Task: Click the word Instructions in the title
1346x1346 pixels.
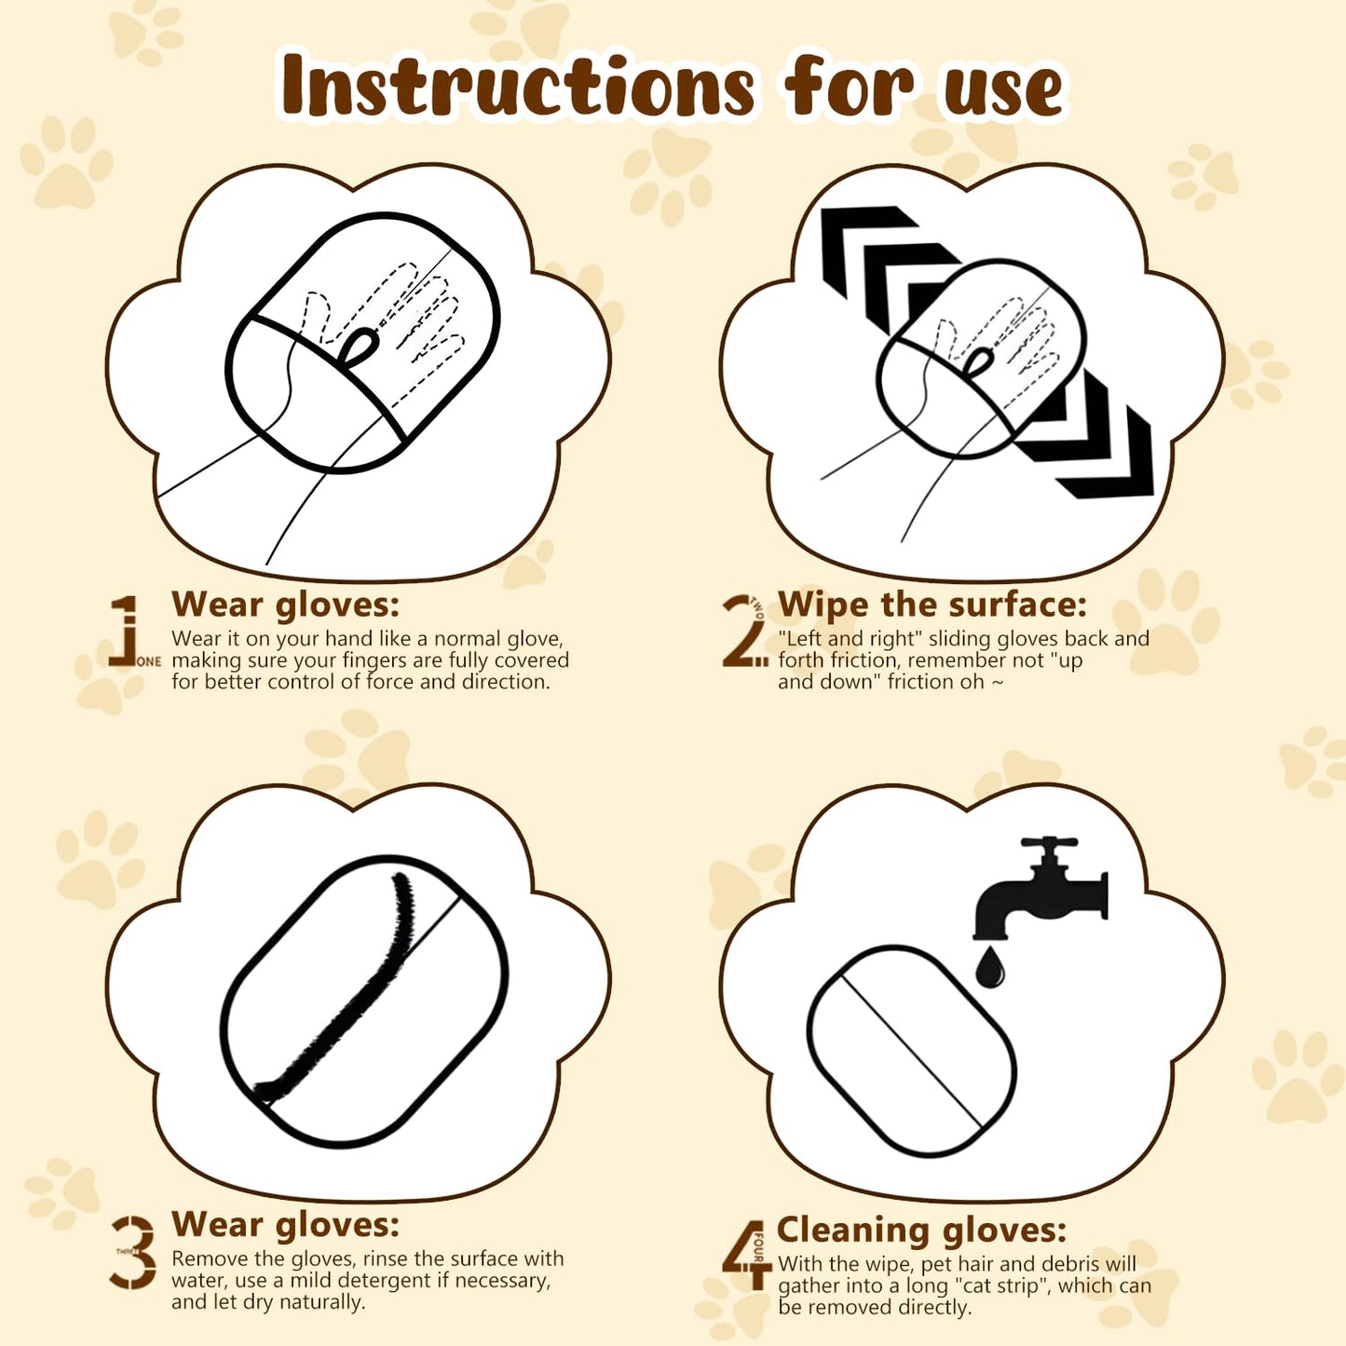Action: (x=517, y=87)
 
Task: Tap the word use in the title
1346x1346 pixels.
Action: (x=1002, y=91)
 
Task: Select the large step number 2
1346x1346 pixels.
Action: (x=741, y=632)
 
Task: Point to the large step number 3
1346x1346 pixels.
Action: (x=134, y=1252)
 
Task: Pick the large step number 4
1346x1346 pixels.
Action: (x=743, y=1254)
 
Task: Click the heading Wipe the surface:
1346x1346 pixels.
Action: (x=932, y=605)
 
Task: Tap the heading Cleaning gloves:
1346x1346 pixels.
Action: (x=921, y=1230)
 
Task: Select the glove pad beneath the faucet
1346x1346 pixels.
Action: (x=911, y=1051)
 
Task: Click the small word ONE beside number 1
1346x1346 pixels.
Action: (x=148, y=661)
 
